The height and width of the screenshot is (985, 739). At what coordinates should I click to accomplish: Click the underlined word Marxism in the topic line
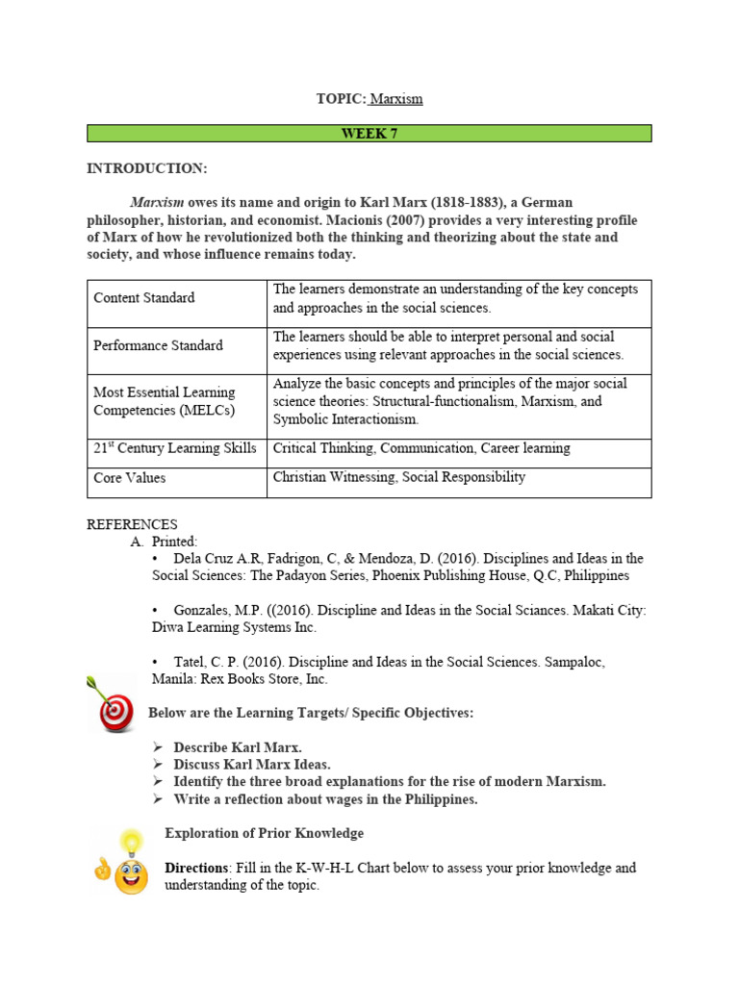[396, 99]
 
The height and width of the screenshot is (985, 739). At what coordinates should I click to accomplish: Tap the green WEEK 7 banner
[369, 134]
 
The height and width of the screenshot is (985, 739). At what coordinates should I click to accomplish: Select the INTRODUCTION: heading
[146, 168]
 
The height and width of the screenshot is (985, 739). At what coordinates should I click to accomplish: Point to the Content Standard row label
[143, 298]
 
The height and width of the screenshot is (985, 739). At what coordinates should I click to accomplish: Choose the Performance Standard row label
[158, 345]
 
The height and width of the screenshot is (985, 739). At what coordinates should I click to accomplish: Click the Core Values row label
[129, 478]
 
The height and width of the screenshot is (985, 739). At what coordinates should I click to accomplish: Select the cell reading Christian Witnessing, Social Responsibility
[399, 477]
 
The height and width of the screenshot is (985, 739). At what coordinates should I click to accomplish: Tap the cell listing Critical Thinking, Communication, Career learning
[421, 448]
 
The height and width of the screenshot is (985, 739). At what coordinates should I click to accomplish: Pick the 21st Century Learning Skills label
[175, 448]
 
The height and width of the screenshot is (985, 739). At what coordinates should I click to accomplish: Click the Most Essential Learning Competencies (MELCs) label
[164, 401]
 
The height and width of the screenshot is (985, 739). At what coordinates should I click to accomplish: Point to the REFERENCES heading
[132, 524]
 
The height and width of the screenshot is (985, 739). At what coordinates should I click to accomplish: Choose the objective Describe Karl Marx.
[238, 747]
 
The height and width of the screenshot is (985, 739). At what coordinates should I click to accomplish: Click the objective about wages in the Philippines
[325, 799]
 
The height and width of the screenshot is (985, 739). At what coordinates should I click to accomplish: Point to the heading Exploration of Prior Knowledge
[264, 833]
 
